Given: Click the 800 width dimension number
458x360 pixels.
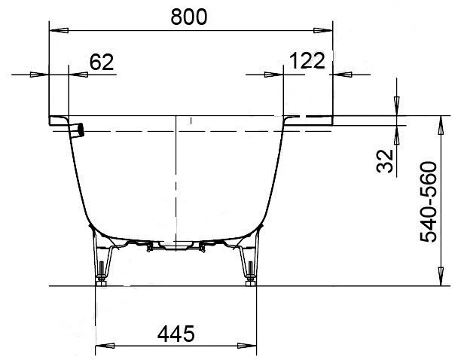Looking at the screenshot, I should (188, 17).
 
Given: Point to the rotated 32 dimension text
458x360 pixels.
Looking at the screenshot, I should (386, 161).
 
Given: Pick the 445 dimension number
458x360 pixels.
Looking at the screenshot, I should (176, 332).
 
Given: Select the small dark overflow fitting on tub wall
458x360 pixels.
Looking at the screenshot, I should (81, 130).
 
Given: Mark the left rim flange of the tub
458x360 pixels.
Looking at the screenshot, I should (60, 121).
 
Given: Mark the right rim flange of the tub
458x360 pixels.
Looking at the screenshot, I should (309, 121).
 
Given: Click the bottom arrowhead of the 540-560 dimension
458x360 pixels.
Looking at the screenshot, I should (438, 279).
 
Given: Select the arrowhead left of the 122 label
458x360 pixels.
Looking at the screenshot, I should (276, 75).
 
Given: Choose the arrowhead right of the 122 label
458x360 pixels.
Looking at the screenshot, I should (340, 75).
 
